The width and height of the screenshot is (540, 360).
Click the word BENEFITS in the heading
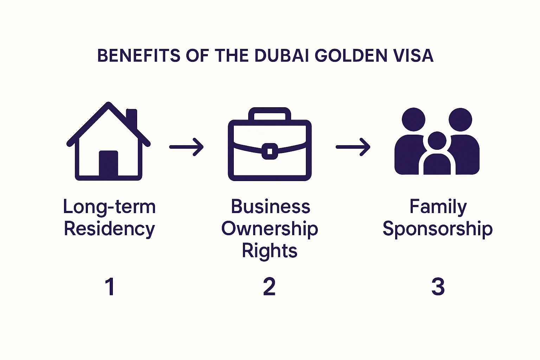(139, 56)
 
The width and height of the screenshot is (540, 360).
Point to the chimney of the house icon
(131, 118)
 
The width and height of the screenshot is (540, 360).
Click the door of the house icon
(108, 164)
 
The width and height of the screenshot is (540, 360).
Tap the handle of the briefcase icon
(270, 114)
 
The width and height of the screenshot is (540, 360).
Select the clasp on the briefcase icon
(270, 151)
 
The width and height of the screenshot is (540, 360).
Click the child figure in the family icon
(437, 155)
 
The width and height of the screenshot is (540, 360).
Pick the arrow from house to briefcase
(186, 147)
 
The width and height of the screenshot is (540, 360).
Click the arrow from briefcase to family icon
(353, 147)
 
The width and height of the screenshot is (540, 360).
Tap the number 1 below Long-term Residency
(110, 287)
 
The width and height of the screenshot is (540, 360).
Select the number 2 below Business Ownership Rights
(269, 287)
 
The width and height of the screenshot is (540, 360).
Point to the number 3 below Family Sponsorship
(438, 287)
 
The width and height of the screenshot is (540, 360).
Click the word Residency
(109, 229)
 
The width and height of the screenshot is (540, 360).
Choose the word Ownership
(270, 229)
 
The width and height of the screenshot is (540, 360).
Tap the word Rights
(270, 251)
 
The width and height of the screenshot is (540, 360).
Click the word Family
(438, 207)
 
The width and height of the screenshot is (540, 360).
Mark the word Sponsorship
(438, 229)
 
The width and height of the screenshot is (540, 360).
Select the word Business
(270, 207)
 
